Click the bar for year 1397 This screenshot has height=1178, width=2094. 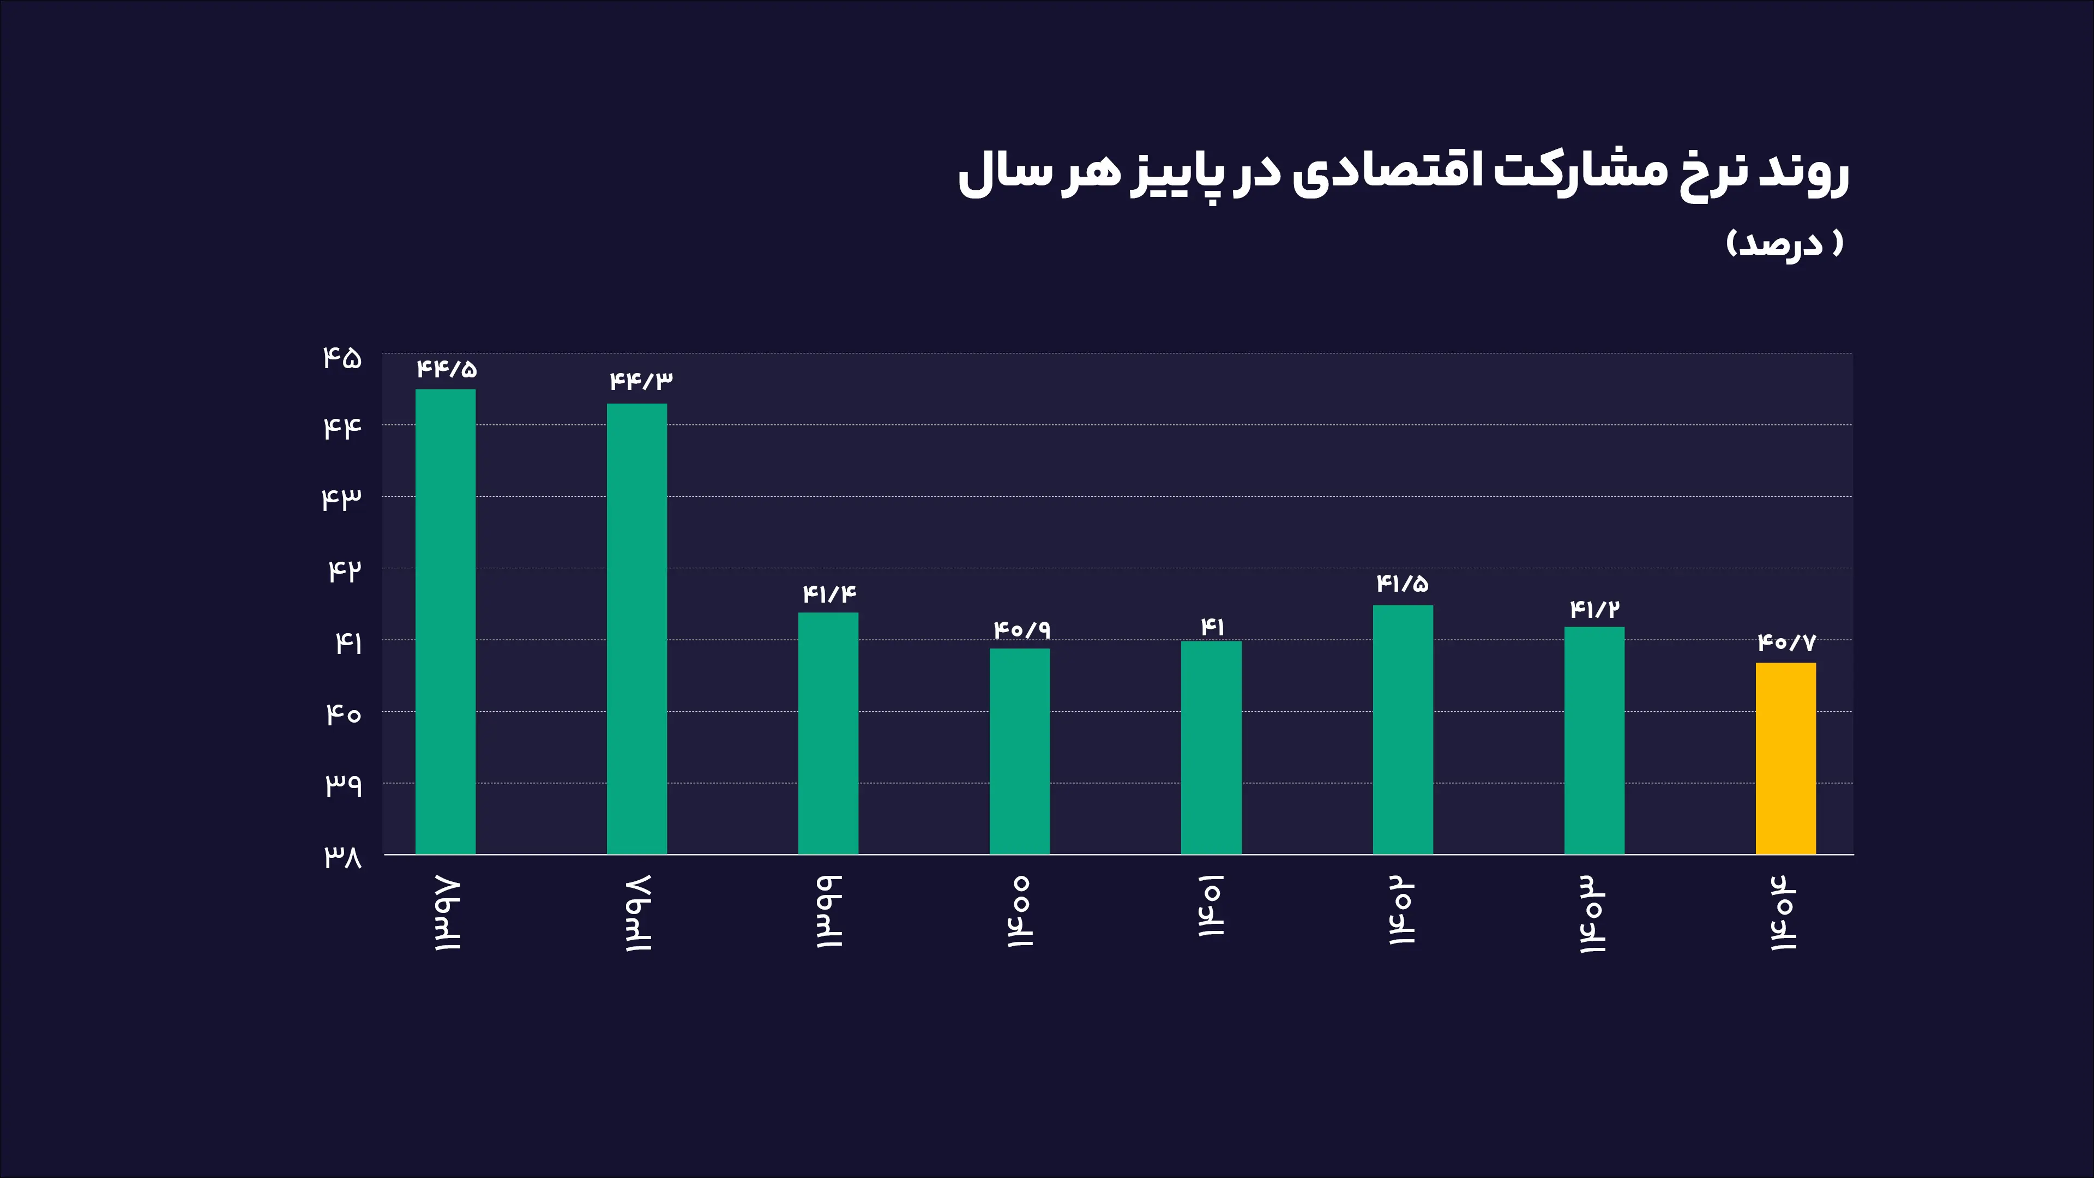pyautogui.click(x=446, y=621)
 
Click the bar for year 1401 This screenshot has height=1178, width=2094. pyautogui.click(x=1211, y=747)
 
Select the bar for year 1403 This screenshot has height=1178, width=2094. pyautogui.click(x=1594, y=740)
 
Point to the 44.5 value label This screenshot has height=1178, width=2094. pyautogui.click(x=446, y=369)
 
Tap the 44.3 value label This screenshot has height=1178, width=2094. pyautogui.click(x=641, y=381)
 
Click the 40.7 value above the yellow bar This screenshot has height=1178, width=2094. pyautogui.click(x=1786, y=643)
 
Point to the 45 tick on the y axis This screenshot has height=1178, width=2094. pyautogui.click(x=342, y=358)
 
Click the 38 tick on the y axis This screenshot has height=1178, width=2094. pyautogui.click(x=342, y=856)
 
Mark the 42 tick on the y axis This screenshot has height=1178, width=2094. pyautogui.click(x=344, y=570)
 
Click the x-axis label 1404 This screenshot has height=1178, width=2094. pyautogui.click(x=1784, y=912)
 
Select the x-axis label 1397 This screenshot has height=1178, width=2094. pyautogui.click(x=446, y=914)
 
